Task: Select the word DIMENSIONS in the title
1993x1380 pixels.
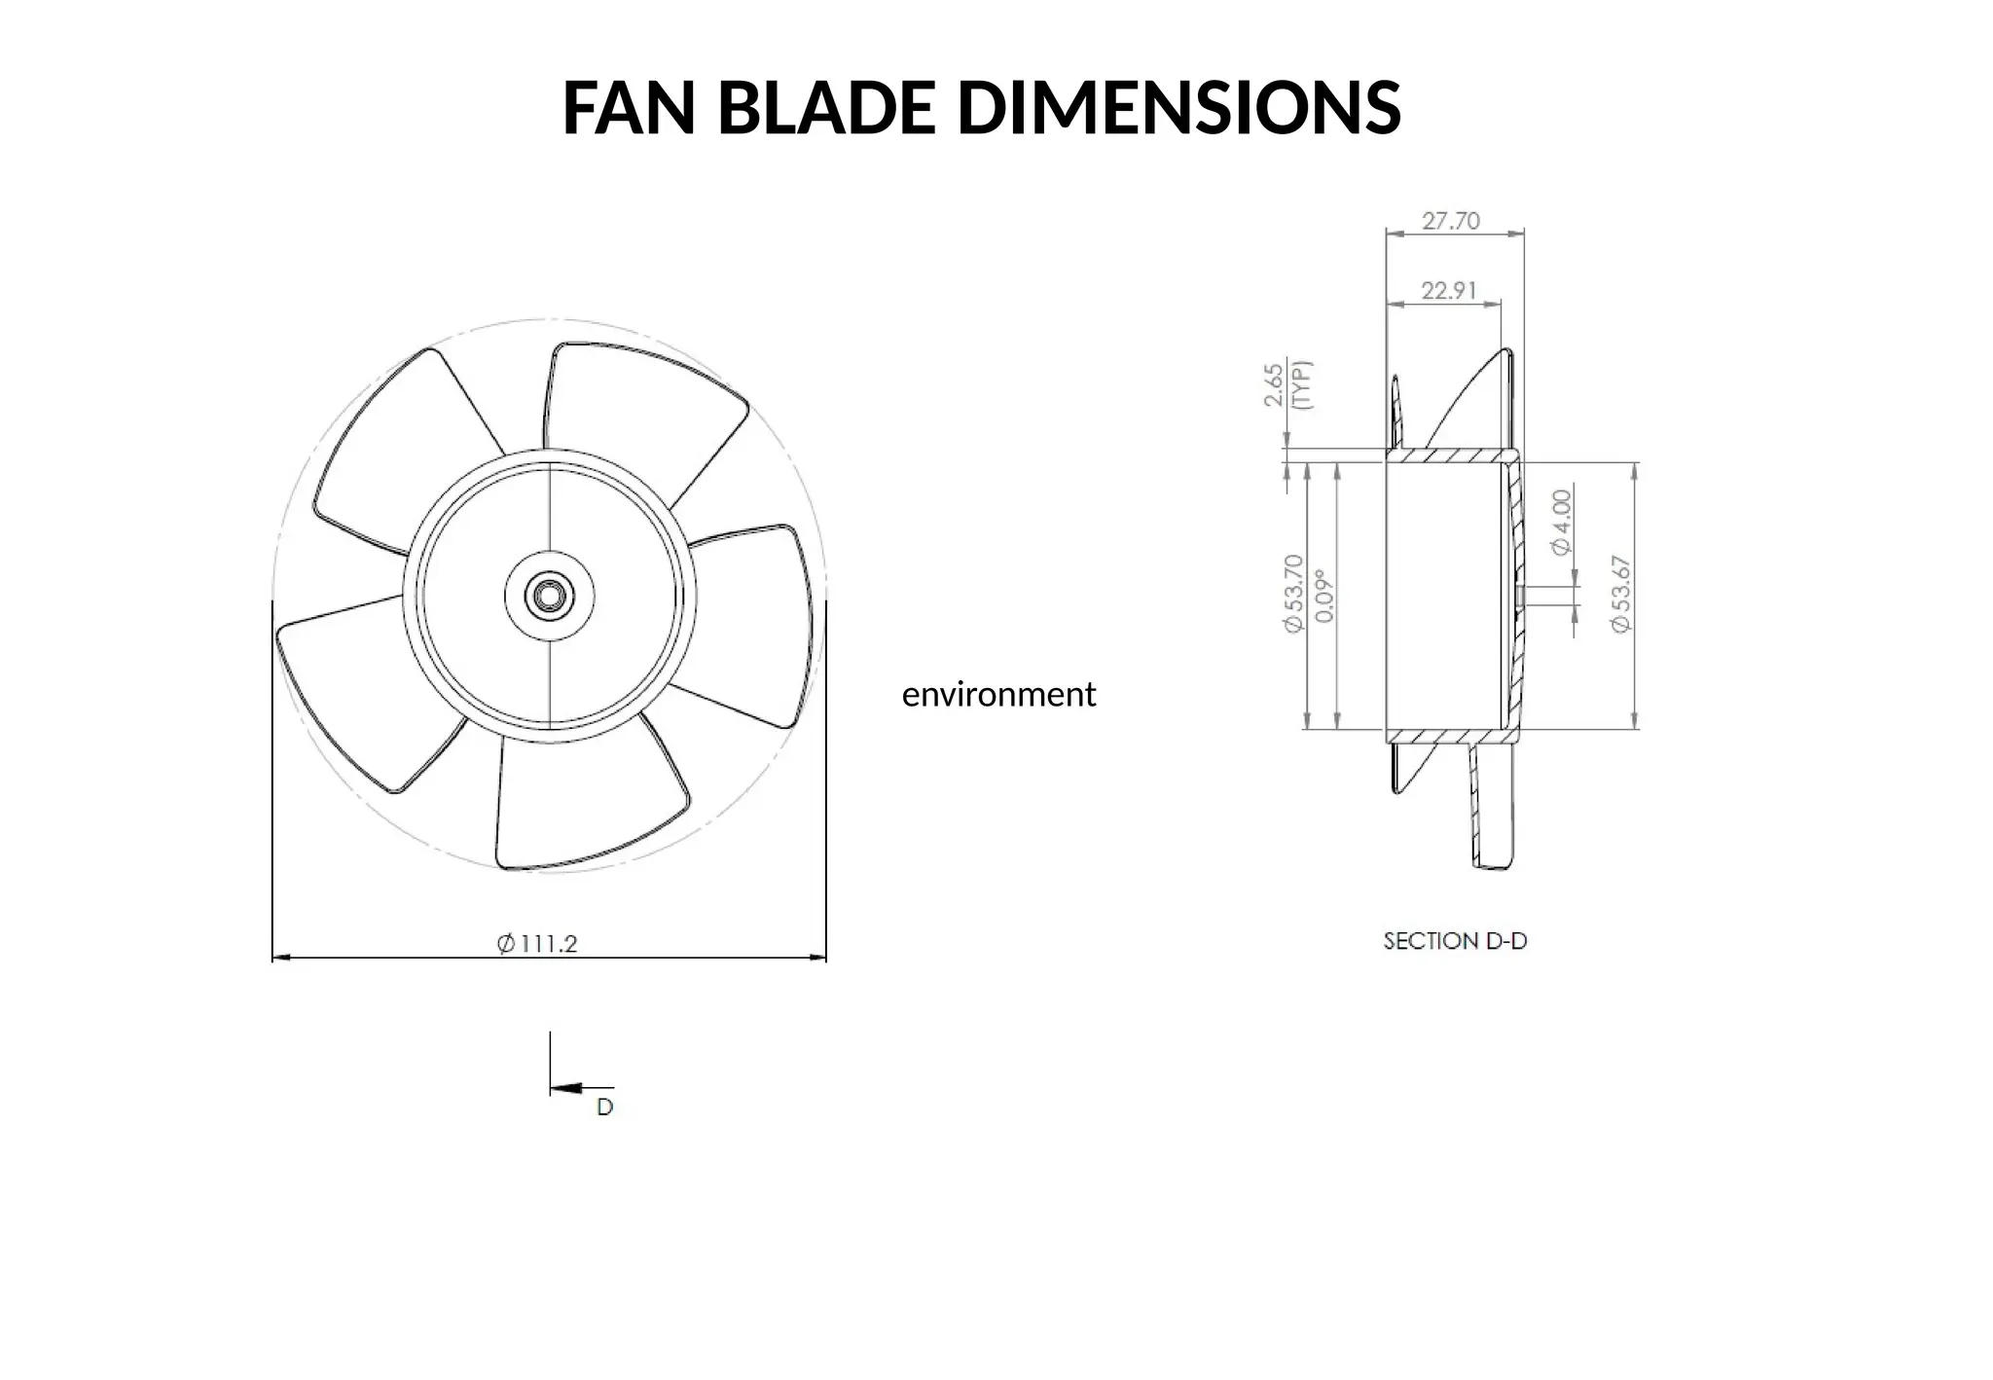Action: pos(1178,108)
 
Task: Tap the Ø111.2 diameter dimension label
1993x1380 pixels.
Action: pos(537,943)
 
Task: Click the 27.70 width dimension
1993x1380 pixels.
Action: pos(1450,221)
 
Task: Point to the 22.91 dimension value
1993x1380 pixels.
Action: pos(1448,290)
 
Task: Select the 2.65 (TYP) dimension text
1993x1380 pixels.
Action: pos(1286,385)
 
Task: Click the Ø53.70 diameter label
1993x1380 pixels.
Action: pos(1293,594)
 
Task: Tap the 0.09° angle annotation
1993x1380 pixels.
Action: pos(1323,595)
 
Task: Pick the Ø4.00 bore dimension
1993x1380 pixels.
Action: pos(1561,523)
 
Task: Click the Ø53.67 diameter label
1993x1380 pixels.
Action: pos(1620,594)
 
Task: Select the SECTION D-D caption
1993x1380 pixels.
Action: pos(1455,941)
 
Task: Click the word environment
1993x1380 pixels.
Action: pos(998,694)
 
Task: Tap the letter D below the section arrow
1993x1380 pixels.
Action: pos(604,1108)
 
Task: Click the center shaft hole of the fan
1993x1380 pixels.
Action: pos(550,597)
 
